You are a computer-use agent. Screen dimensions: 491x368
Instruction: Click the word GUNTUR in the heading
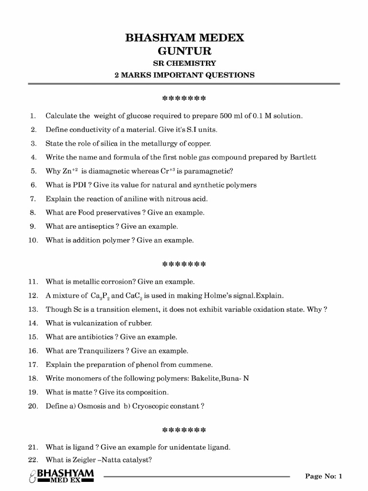click(184, 51)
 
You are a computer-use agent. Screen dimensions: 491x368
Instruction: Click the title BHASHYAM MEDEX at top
click(184, 38)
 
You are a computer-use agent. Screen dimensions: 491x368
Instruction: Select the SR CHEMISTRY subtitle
click(184, 63)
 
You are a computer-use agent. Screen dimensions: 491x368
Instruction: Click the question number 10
click(33, 240)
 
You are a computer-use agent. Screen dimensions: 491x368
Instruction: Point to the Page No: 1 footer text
click(324, 476)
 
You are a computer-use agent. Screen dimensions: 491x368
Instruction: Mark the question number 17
click(33, 364)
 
